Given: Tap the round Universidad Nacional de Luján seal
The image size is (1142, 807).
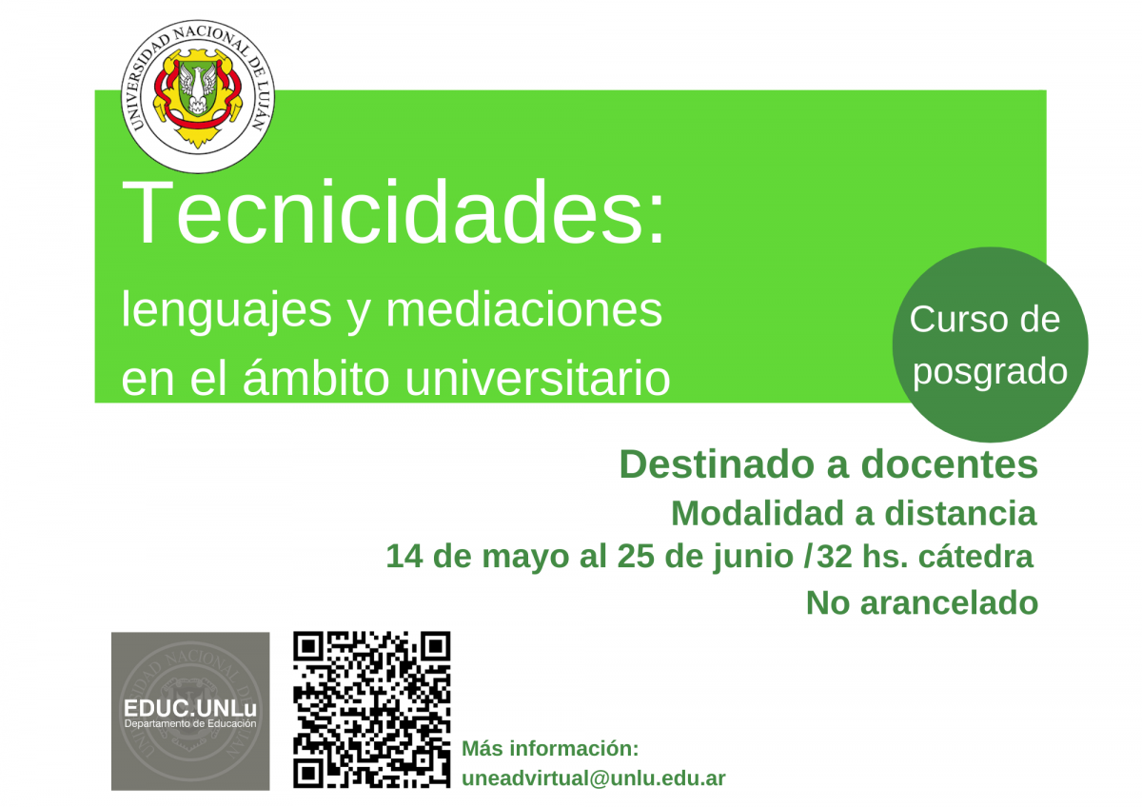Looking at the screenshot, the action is tap(198, 96).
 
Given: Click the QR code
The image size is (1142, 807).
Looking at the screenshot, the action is tap(372, 710).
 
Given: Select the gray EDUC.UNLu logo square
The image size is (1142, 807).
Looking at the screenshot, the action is tap(190, 711).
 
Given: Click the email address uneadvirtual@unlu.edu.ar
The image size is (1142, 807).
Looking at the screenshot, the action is tap(594, 778).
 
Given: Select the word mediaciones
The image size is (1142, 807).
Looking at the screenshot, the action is tap(524, 310).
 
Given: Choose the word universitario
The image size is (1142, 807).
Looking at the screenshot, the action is tap(538, 378).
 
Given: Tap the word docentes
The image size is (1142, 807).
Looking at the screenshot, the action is tap(950, 464).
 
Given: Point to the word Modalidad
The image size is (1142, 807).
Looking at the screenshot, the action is tap(758, 513).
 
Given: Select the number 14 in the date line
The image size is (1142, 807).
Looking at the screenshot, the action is tap(404, 556).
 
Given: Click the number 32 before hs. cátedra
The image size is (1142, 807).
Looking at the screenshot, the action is tap(835, 556).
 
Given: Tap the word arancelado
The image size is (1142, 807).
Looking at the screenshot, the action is tap(950, 603).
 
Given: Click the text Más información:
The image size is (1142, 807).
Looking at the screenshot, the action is tap(550, 748).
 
